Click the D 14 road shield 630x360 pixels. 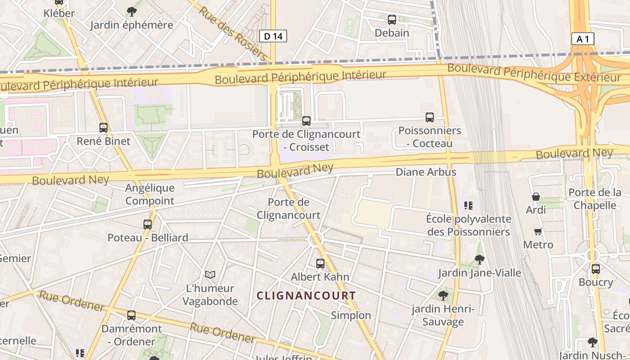point(273,36)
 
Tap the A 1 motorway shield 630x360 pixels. point(583,39)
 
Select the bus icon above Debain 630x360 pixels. point(392,19)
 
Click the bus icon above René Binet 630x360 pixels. point(103,128)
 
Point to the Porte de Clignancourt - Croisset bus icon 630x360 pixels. point(306,121)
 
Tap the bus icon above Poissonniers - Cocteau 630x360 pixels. point(430,117)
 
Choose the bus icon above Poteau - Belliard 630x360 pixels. point(147,224)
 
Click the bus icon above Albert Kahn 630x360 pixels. point(320,263)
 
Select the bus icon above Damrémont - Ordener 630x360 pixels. point(131,315)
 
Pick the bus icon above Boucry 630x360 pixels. point(596,269)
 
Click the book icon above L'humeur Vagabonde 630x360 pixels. point(210,274)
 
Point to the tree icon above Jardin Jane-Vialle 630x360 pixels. point(479,260)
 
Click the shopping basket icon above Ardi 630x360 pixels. point(536,197)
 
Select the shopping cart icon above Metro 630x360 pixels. point(538,232)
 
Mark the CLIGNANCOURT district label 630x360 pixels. point(306,296)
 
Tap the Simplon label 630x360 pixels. point(351,315)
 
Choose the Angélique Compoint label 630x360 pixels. point(150,194)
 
